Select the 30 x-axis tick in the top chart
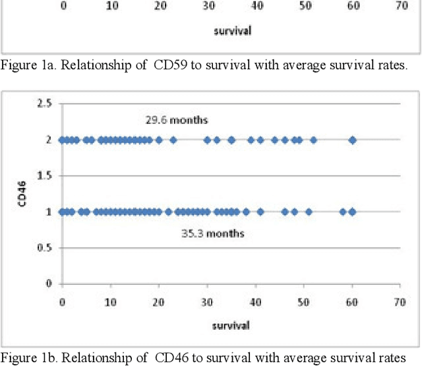(208, 5)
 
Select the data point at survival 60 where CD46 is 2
(352, 140)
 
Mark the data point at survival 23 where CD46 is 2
(173, 140)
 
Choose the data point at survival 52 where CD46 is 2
(313, 140)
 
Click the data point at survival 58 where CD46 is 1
(342, 212)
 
